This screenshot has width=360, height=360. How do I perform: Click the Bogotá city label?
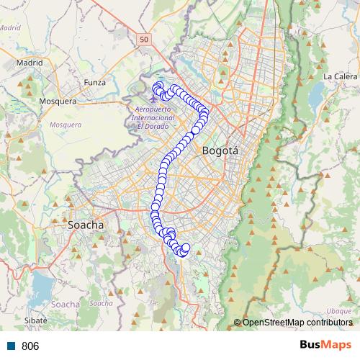click(x=220, y=151)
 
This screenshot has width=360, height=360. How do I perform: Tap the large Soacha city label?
click(x=86, y=225)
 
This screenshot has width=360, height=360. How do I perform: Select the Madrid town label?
click(x=30, y=63)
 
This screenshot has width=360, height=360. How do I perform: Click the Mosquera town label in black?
click(x=58, y=101)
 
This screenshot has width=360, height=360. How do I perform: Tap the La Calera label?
click(x=337, y=76)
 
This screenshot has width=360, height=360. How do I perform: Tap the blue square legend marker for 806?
click(x=9, y=346)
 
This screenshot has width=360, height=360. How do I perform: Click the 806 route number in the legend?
click(x=30, y=346)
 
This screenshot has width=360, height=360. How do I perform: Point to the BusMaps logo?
click(x=326, y=345)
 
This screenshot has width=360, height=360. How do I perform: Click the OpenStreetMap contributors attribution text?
click(x=297, y=322)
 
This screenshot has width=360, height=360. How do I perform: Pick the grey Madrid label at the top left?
click(x=10, y=27)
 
